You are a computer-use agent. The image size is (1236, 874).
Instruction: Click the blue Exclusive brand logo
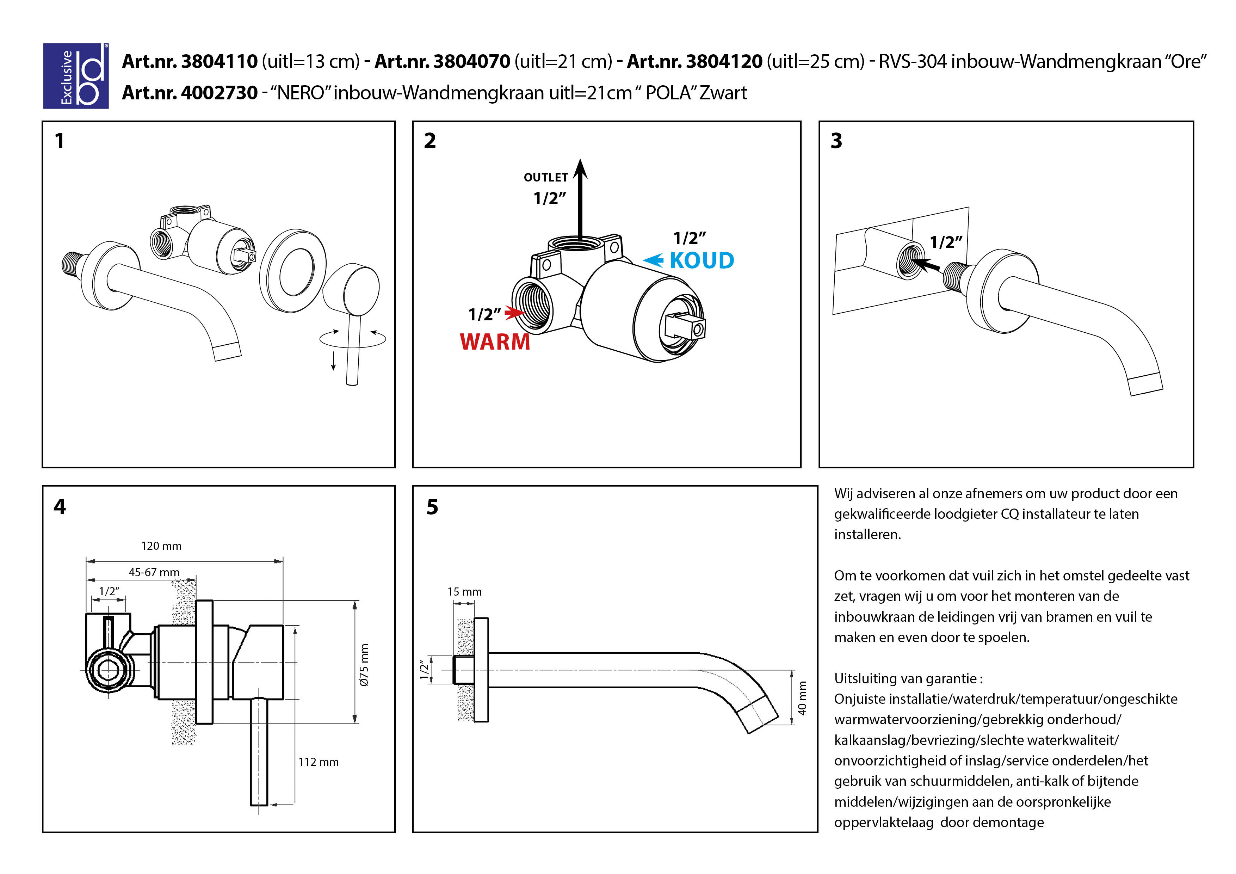(76, 76)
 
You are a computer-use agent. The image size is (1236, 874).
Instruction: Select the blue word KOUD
(702, 261)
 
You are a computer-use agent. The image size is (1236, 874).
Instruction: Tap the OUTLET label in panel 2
(545, 177)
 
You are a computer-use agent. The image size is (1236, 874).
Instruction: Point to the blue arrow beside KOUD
(654, 261)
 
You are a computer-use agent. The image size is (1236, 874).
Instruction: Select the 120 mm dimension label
(161, 546)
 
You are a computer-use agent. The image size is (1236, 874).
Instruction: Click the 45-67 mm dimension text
(154, 572)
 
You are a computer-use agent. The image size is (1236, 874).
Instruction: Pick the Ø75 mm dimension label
(364, 665)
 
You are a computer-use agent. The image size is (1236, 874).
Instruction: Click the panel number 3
(836, 141)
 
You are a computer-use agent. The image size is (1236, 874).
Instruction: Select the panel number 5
(432, 507)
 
